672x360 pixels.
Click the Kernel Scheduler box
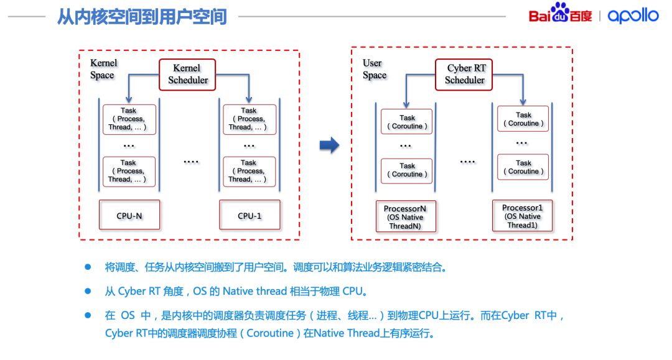click(x=187, y=74)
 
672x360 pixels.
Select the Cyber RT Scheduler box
click(x=465, y=74)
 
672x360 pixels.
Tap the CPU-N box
click(x=129, y=215)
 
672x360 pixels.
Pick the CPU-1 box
click(x=250, y=215)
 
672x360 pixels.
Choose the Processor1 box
click(x=522, y=216)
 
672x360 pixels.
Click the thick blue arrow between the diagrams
click(x=329, y=146)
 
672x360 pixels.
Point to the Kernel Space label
click(x=103, y=69)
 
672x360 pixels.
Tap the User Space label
click(x=375, y=69)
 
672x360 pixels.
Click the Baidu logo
click(x=560, y=14)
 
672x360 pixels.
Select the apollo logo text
click(x=633, y=16)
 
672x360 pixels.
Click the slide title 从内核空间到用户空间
click(x=142, y=16)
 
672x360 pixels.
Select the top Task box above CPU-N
click(x=129, y=119)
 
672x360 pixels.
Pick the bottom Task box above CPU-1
click(x=249, y=171)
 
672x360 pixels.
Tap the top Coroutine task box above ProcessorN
click(x=407, y=122)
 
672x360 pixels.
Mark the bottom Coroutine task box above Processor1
click(x=523, y=167)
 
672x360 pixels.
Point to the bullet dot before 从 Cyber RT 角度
click(x=88, y=291)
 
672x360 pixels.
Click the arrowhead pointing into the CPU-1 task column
click(x=249, y=99)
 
